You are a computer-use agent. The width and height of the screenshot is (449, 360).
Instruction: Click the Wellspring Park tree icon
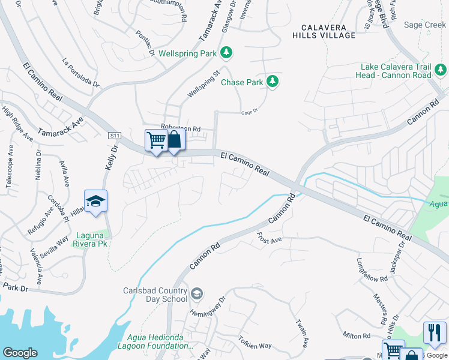(226, 53)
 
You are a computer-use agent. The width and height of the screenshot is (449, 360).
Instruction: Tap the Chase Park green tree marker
(273, 81)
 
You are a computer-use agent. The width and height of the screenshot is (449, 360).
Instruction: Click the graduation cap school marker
(95, 201)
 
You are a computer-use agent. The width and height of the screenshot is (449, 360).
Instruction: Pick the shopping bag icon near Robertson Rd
(174, 140)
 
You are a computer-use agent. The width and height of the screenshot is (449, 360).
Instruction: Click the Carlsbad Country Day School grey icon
(197, 294)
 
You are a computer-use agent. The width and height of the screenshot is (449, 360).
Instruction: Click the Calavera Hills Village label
(324, 32)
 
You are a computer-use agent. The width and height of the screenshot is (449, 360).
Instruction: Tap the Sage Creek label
(425, 25)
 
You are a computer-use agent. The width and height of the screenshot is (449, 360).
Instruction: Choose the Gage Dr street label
(249, 111)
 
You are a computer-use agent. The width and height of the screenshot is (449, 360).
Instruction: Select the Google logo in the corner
(20, 353)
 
